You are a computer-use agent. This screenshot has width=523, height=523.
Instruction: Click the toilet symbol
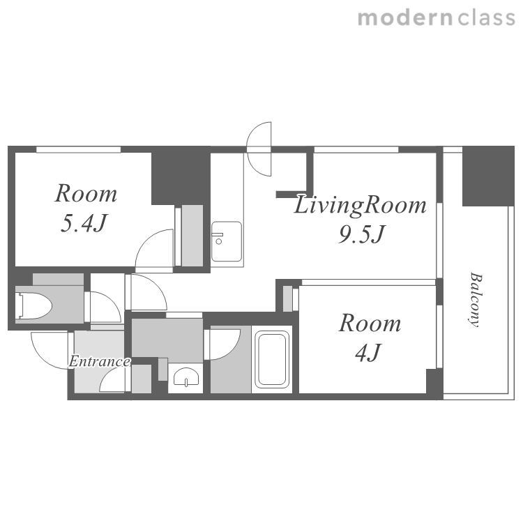pyautogui.click(x=34, y=305)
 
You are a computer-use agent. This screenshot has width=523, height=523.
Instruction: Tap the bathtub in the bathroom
pyautogui.click(x=272, y=359)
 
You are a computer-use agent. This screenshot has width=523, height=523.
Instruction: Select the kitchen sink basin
pyautogui.click(x=227, y=241)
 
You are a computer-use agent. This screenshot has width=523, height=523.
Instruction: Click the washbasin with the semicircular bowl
pyautogui.click(x=186, y=377)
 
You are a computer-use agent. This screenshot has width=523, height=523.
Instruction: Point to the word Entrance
pyautogui.click(x=100, y=361)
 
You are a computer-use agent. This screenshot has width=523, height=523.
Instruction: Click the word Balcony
pyautogui.click(x=476, y=300)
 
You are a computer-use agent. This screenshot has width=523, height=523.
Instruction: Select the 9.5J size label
pyautogui.click(x=362, y=234)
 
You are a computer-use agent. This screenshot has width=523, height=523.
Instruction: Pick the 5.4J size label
pyautogui.click(x=84, y=222)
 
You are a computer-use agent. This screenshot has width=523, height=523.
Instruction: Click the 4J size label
pyautogui.click(x=368, y=352)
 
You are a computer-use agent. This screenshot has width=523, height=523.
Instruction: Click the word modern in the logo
pyautogui.click(x=405, y=18)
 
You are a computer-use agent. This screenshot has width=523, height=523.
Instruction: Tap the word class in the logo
pyautogui.click(x=486, y=18)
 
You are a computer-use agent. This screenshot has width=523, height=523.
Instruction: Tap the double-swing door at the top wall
pyautogui.click(x=259, y=149)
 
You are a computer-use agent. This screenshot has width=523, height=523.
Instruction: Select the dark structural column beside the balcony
pyautogui.click(x=488, y=176)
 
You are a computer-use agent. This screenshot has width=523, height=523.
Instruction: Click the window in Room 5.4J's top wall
pyautogui.click(x=78, y=149)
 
